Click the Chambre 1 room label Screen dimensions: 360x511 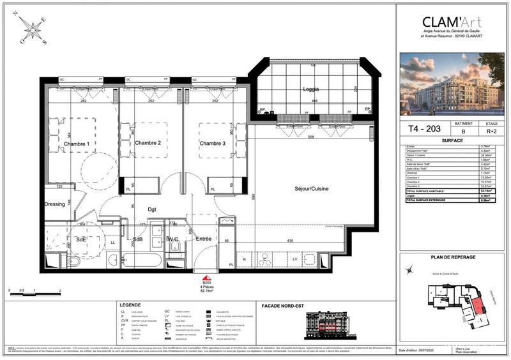(x=77, y=144)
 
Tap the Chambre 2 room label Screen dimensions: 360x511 (x=148, y=143)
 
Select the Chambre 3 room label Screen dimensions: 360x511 (x=213, y=143)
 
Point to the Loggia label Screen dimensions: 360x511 (x=310, y=90)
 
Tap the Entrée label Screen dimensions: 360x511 (x=204, y=239)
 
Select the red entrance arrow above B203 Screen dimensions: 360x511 (x=206, y=279)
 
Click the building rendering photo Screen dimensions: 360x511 (x=451, y=84)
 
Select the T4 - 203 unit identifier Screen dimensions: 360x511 (x=418, y=128)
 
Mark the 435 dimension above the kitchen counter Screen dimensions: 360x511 (x=290, y=240)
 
